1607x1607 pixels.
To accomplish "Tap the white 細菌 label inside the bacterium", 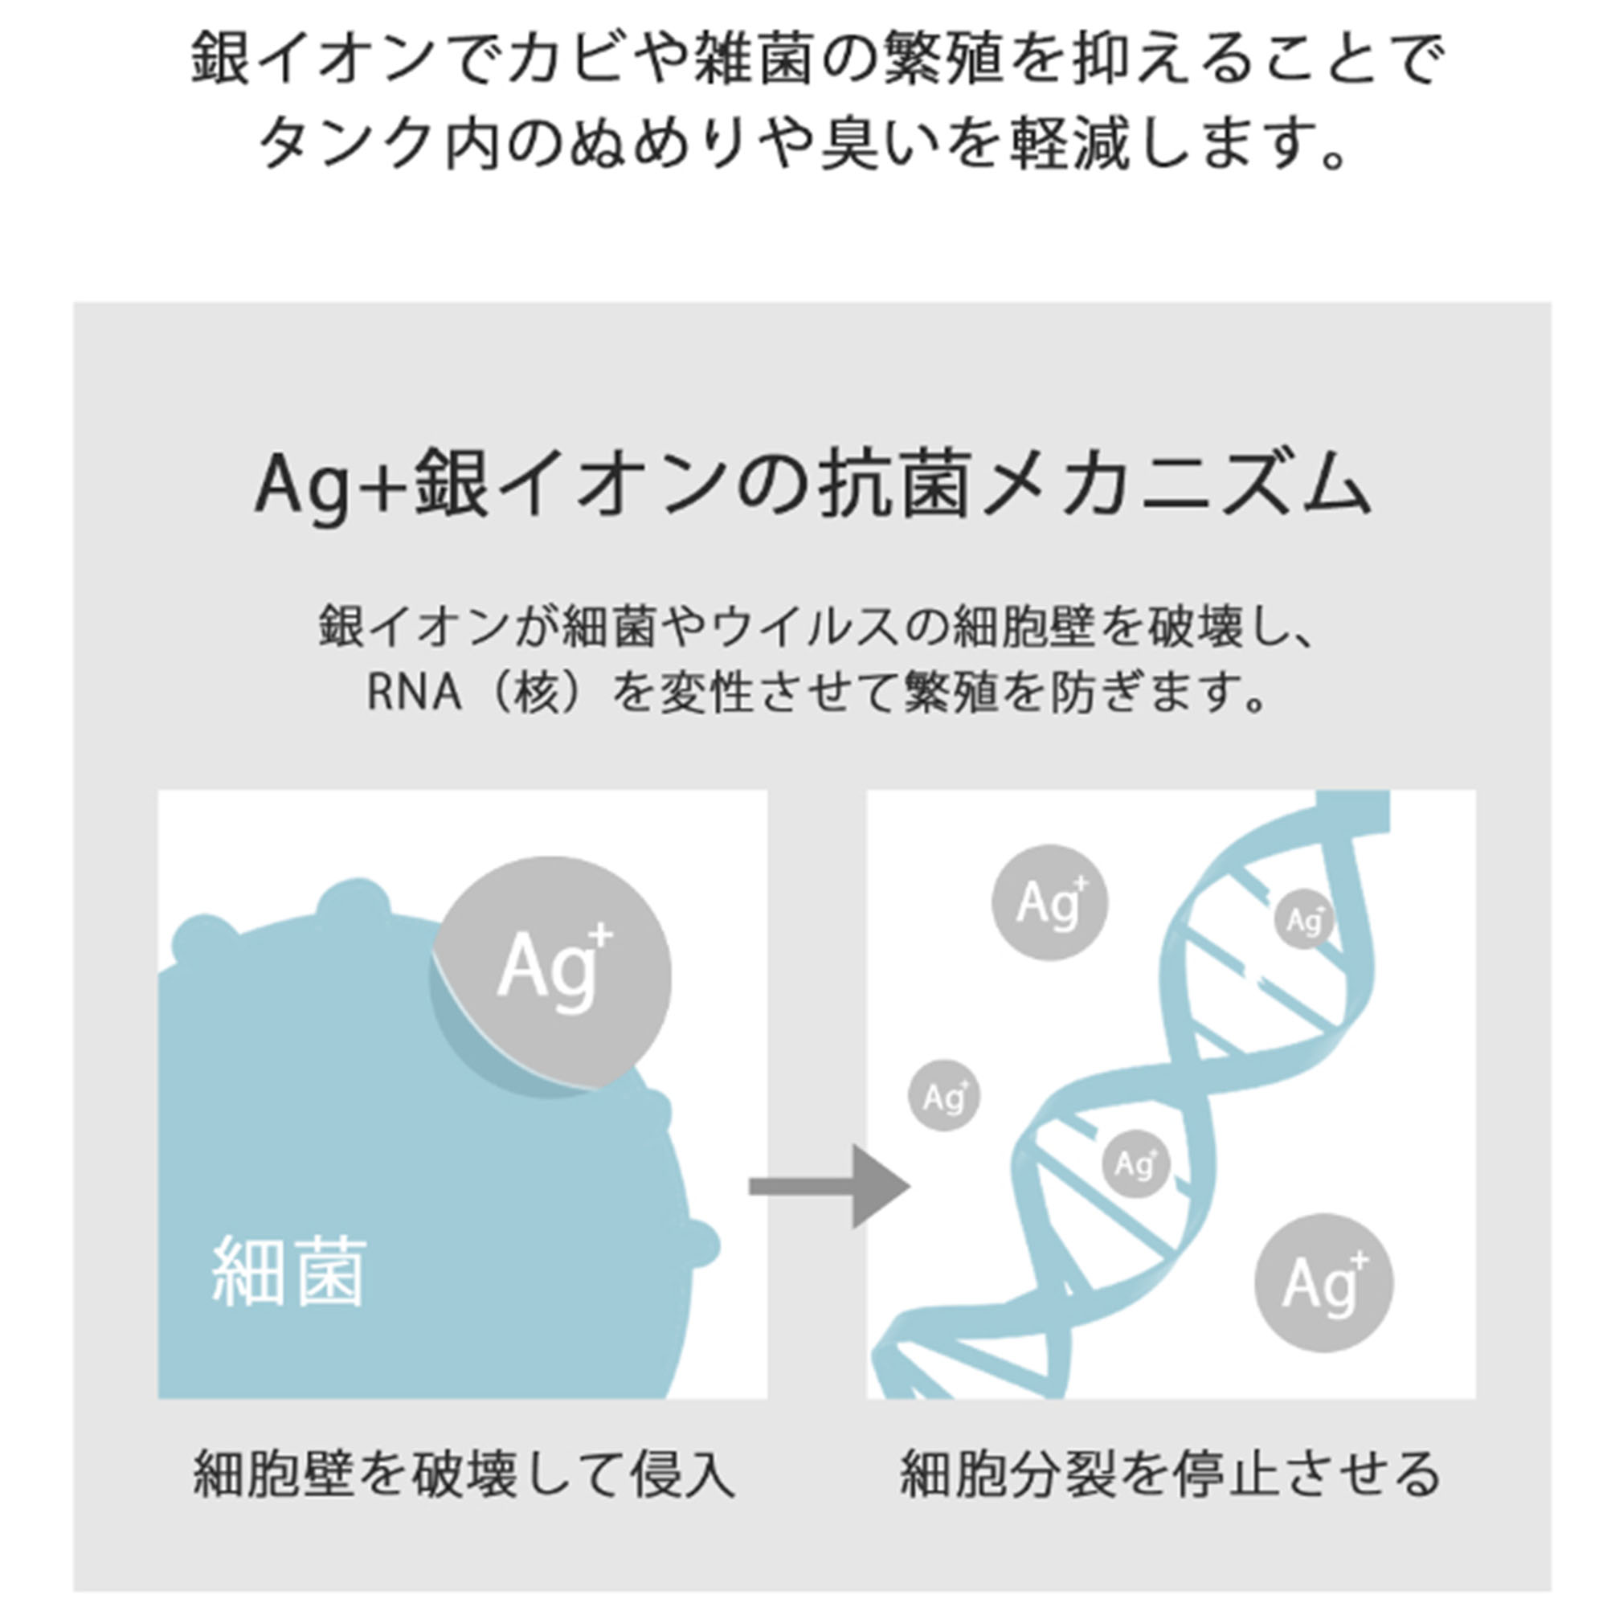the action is coord(288,1271).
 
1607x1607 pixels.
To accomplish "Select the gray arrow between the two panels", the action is coord(829,1187).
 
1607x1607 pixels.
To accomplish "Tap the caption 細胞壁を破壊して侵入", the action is coord(464,1473).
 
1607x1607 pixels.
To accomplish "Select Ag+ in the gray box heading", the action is coord(332,489).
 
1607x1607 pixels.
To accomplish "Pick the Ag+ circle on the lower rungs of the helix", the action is coord(1136,1163).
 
